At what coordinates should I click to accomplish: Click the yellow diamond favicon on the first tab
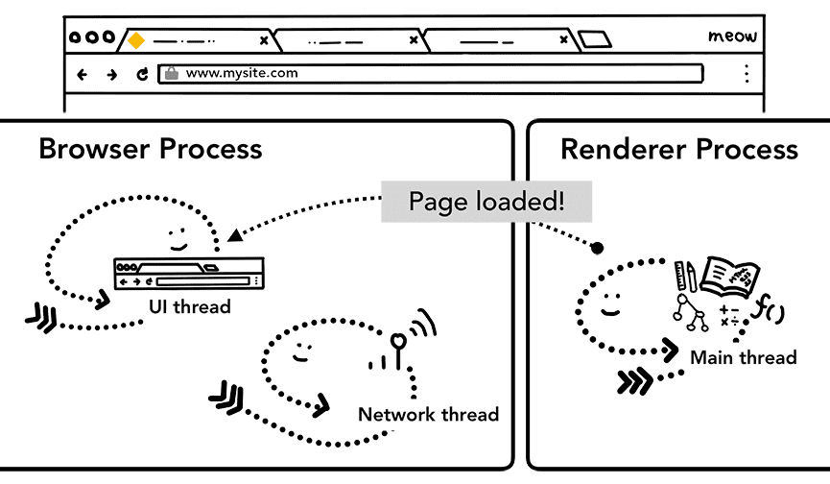[x=136, y=40]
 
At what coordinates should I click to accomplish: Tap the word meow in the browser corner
[x=732, y=36]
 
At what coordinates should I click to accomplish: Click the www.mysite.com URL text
[x=241, y=73]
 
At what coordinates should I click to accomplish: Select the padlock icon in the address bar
[x=171, y=73]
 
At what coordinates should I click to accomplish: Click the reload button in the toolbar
[x=142, y=74]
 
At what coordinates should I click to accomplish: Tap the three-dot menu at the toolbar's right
[x=747, y=74]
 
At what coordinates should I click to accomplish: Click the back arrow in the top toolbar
[x=83, y=74]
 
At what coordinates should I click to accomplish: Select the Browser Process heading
[x=150, y=149]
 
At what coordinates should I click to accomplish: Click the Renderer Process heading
[x=678, y=149]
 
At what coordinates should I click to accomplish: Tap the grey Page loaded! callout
[x=486, y=202]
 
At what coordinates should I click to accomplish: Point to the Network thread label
[x=428, y=415]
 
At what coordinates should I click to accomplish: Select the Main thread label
[x=744, y=357]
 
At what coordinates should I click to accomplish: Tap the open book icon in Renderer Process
[x=730, y=276]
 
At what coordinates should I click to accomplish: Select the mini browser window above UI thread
[x=188, y=273]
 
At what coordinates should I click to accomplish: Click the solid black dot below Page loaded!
[x=597, y=249]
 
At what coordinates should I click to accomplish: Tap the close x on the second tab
[x=414, y=40]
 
